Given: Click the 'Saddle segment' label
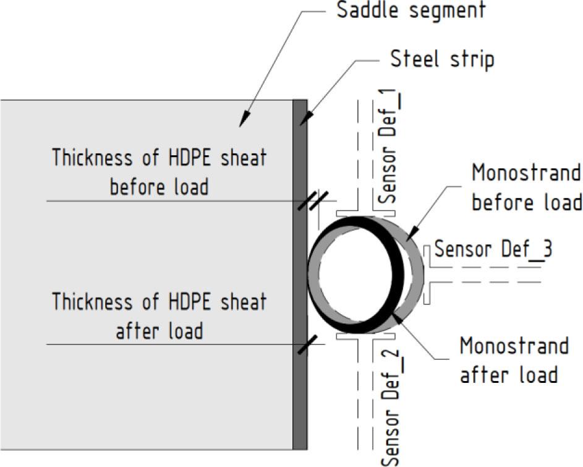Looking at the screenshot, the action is tap(411, 10).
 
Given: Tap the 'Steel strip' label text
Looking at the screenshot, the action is tap(443, 59).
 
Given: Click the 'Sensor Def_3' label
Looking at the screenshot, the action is tap(493, 249).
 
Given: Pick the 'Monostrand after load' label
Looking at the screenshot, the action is tap(514, 360).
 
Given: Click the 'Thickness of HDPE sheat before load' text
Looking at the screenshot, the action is tap(159, 171).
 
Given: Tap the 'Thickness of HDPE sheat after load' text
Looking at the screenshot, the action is tap(159, 315).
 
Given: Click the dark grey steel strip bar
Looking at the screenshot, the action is tap(300, 275).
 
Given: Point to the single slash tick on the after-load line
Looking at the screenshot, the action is tap(307, 345).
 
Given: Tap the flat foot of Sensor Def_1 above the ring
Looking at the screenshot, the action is tap(365, 213).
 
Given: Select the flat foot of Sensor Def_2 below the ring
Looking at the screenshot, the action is tap(365, 336).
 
